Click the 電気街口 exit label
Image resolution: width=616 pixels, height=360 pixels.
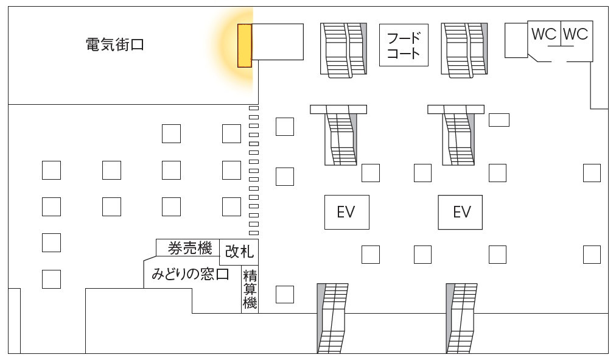(x=114, y=44)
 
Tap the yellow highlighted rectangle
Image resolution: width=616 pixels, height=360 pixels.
(x=244, y=46)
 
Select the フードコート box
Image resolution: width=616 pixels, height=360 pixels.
(x=404, y=45)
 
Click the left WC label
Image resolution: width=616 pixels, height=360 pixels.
(x=544, y=34)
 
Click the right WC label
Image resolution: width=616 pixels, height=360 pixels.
(x=576, y=34)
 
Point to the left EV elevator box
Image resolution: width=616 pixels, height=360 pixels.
(x=346, y=212)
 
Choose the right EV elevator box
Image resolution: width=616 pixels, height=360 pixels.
(x=460, y=212)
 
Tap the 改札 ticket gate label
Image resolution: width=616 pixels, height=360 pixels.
(x=239, y=252)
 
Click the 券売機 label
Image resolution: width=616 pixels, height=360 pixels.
(x=190, y=248)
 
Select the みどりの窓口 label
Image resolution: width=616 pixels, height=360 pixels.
(x=191, y=274)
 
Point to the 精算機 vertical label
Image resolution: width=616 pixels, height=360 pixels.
(x=250, y=289)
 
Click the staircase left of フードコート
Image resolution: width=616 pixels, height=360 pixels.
(x=343, y=49)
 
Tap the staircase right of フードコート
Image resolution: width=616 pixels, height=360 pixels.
(x=464, y=49)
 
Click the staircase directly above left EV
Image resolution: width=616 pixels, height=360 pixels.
(x=340, y=135)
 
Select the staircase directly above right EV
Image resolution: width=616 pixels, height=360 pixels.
(x=457, y=135)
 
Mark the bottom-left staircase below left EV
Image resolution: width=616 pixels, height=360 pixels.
(x=332, y=318)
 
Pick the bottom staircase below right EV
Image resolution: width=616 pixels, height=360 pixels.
(x=461, y=318)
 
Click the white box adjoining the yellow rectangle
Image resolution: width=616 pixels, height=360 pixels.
(x=278, y=41)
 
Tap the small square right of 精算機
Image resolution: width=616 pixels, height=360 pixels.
(x=285, y=294)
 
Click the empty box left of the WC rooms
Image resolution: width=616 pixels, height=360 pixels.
(x=516, y=40)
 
